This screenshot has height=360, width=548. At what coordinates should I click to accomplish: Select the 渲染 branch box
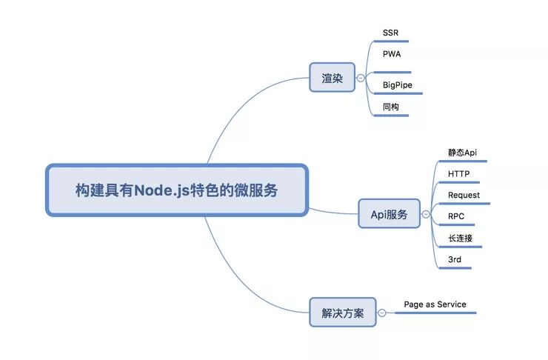pyautogui.click(x=332, y=77)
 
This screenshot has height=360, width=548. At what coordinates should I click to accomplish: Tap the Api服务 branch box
pyautogui.click(x=389, y=214)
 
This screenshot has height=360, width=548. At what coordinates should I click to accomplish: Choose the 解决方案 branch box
pyautogui.click(x=342, y=313)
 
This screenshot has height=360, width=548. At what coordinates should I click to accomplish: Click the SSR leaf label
pyautogui.click(x=390, y=33)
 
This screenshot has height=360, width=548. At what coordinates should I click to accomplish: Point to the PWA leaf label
pyautogui.click(x=392, y=54)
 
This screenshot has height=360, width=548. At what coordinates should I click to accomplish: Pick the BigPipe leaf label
pyautogui.click(x=398, y=85)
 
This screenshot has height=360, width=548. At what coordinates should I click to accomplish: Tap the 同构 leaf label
pyautogui.click(x=390, y=107)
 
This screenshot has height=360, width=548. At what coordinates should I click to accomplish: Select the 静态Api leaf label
pyautogui.click(x=462, y=152)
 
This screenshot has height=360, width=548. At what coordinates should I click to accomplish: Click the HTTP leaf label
pyautogui.click(x=458, y=174)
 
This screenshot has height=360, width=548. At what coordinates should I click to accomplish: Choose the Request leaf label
pyautogui.click(x=464, y=195)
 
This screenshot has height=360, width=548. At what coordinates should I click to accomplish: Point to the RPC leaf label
pyautogui.click(x=456, y=216)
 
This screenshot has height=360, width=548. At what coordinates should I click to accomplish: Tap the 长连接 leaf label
pyautogui.click(x=460, y=238)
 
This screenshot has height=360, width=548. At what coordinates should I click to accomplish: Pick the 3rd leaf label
pyautogui.click(x=455, y=259)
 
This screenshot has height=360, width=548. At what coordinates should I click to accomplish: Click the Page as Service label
pyautogui.click(x=435, y=304)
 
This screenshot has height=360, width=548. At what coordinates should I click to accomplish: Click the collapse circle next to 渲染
pyautogui.click(x=361, y=77)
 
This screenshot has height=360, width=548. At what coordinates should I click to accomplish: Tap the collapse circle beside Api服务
pyautogui.click(x=426, y=214)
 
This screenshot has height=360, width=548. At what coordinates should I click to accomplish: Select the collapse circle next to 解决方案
pyautogui.click(x=382, y=313)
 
